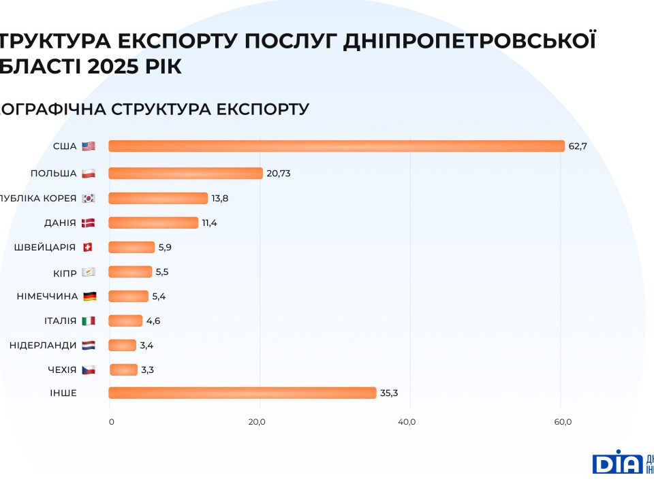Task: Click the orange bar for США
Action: [337, 146]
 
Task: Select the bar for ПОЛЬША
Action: [185, 174]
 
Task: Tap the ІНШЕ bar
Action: [242, 393]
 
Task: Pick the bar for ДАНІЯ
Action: [153, 223]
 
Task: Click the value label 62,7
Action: [578, 146]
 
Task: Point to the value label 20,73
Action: [279, 174]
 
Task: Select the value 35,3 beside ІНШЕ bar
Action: [388, 393]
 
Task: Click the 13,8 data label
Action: [219, 198]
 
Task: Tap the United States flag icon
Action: [89, 146]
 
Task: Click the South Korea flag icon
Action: [89, 198]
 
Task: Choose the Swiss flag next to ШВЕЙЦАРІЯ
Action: [87, 247]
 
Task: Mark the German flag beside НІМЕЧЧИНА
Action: [89, 296]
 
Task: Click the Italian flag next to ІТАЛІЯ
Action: [89, 321]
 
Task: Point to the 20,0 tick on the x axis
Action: [257, 422]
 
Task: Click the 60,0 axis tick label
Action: [563, 422]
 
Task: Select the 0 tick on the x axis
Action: [112, 422]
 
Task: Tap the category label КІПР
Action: [65, 272]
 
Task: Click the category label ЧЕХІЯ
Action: [62, 370]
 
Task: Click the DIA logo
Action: [617, 462]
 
